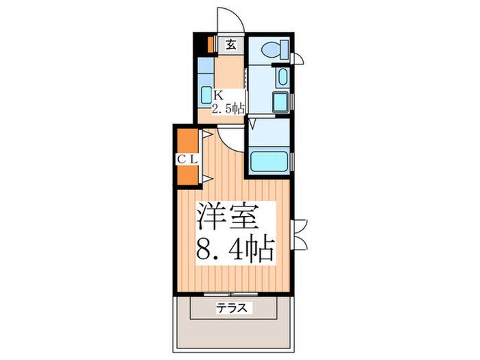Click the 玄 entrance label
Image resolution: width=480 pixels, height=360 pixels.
pos(231,47)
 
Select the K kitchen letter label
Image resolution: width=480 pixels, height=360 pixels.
pos(217,95)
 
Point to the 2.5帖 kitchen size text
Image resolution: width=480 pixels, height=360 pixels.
pos(228,108)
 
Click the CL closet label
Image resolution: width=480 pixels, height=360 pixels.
pos(187,158)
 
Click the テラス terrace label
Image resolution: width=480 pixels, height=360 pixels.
pos(235,309)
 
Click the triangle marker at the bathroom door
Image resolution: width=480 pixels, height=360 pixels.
pos(252,125)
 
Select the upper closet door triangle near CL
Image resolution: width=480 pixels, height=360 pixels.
pos(204,136)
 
